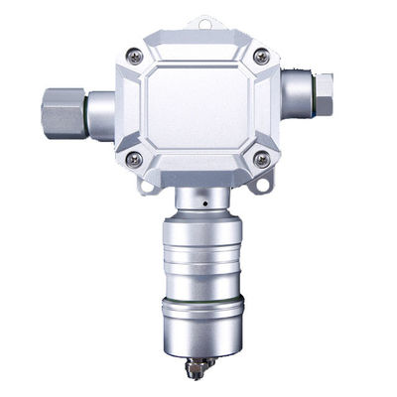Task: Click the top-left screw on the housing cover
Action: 136,57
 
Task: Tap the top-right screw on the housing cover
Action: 261,57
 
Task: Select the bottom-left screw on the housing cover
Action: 136,159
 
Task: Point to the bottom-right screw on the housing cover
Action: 261,159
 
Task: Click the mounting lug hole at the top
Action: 205,21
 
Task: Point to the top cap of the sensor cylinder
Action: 201,227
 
